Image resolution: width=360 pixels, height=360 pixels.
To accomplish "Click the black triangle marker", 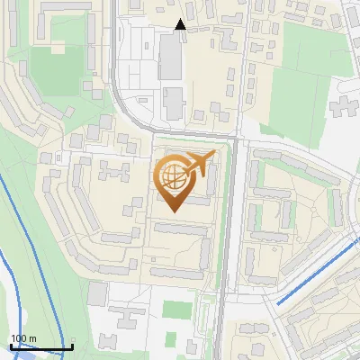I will (180, 24).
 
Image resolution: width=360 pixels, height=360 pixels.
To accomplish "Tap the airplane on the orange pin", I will (199, 165).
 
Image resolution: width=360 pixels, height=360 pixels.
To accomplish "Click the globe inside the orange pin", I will (173, 177).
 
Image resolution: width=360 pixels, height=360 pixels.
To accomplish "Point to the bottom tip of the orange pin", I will (173, 211).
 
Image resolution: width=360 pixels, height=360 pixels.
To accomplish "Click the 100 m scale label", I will (24, 338).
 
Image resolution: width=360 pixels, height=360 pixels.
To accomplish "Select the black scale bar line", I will (41, 346).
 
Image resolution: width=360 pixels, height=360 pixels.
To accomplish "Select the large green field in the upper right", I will (297, 99).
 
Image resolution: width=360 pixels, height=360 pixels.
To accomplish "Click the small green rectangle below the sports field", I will (192, 346).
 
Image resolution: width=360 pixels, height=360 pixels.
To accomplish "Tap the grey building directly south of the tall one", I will (173, 104).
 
